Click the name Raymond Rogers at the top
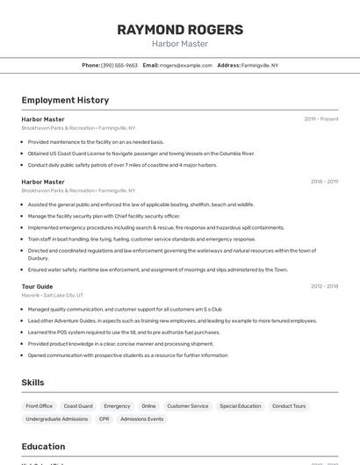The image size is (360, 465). [179, 29]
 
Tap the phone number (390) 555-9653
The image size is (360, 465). [119, 65]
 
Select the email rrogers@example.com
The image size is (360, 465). [186, 65]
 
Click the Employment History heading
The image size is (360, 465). [65, 100]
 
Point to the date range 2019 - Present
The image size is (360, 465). [320, 119]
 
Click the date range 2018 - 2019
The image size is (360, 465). [324, 182]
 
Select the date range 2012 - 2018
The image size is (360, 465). [324, 286]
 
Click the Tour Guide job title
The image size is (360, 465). [38, 286]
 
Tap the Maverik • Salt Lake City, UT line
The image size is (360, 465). [53, 296]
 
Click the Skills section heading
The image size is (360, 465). [33, 383]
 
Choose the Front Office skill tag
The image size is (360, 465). [40, 406]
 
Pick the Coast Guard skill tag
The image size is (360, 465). [78, 406]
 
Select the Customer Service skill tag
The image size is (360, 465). [188, 406]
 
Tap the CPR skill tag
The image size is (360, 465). [104, 419]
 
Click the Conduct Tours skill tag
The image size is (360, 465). [289, 406]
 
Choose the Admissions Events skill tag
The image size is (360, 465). [141, 419]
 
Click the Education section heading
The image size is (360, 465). [44, 446]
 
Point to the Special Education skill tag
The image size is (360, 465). [241, 406]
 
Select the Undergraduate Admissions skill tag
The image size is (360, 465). [57, 419]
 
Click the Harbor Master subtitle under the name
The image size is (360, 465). [179, 44]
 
